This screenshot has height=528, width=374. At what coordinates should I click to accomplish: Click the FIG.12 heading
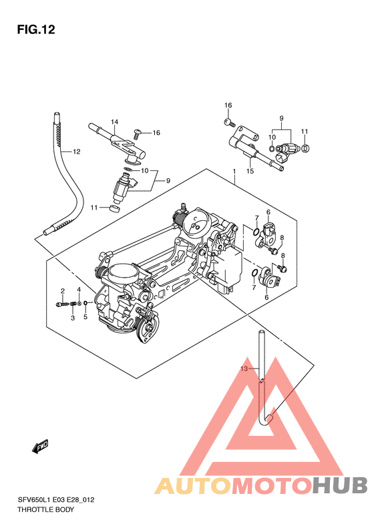(x=36, y=29)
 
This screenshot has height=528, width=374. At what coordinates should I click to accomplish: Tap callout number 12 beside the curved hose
(x=77, y=152)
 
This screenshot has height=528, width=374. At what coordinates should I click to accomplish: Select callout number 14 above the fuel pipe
(x=115, y=121)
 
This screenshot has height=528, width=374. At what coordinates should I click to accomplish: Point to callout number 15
(x=250, y=171)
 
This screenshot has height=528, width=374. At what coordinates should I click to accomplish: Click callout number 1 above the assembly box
(x=234, y=172)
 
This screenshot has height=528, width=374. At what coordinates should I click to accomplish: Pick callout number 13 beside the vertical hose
(x=244, y=368)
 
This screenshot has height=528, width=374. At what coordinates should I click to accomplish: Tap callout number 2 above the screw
(x=62, y=291)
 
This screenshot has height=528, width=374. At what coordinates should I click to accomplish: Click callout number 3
(x=73, y=318)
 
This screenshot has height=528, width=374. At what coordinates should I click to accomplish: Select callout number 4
(x=79, y=290)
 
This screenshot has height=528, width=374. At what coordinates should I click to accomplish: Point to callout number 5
(x=85, y=317)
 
